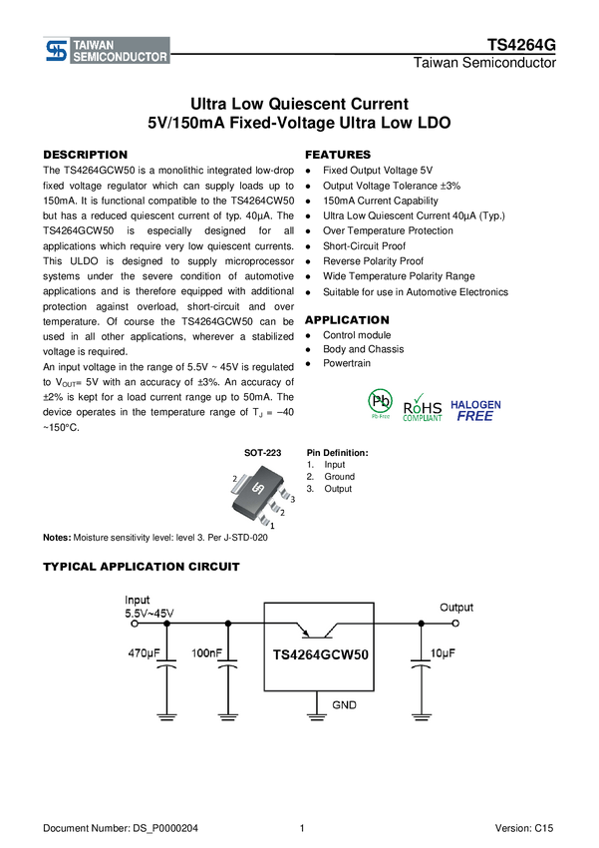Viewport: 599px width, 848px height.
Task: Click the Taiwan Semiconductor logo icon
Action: [x=57, y=51]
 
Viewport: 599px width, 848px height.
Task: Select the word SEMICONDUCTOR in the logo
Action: [x=120, y=58]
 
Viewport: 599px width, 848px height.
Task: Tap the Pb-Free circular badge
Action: [x=380, y=403]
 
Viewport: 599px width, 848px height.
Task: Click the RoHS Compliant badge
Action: [x=422, y=406]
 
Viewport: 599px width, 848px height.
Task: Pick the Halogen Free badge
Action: [x=475, y=410]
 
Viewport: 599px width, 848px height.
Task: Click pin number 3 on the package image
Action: [x=293, y=497]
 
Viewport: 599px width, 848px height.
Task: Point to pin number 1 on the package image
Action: [x=273, y=525]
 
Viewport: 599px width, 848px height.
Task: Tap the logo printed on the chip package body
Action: [x=257, y=489]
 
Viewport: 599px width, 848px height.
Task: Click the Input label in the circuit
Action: [x=138, y=600]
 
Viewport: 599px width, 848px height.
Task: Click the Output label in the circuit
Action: [x=456, y=607]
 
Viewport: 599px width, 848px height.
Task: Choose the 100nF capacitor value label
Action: [x=207, y=652]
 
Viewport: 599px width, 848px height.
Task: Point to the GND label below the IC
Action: [x=345, y=705]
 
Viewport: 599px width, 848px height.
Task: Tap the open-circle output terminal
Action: [x=456, y=624]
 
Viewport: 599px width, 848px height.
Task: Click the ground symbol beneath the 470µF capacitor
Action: [x=166, y=714]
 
